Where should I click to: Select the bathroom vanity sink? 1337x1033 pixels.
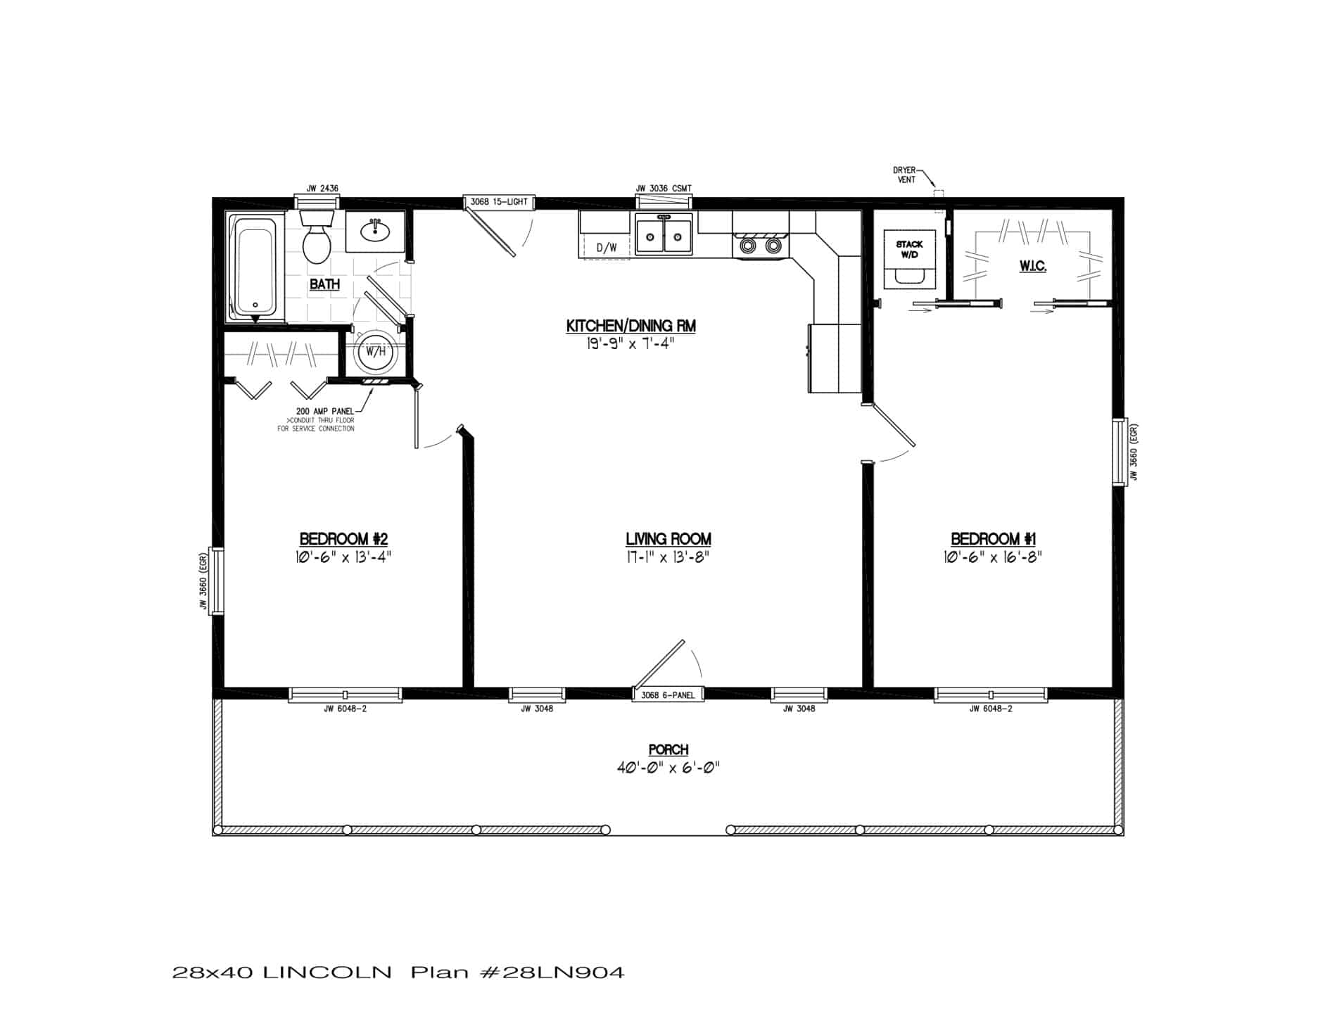tap(375, 231)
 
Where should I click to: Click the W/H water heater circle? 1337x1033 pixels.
tap(375, 351)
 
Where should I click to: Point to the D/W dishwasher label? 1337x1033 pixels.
tap(606, 248)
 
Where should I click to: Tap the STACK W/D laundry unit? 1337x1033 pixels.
tap(909, 259)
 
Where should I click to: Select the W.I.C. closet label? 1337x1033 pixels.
tap(1032, 267)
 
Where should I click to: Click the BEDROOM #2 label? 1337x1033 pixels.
tap(343, 539)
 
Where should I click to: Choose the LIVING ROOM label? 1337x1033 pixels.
tap(668, 539)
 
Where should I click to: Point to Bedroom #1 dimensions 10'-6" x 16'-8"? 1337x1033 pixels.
tap(992, 557)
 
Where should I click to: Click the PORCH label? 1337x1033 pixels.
tap(668, 750)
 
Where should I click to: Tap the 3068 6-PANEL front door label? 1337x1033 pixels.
tap(668, 695)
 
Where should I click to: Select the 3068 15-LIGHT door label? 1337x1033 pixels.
tap(499, 202)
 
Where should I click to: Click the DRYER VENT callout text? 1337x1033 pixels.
tap(905, 175)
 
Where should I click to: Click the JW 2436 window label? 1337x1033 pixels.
tap(322, 189)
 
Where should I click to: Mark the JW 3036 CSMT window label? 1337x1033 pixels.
tap(664, 189)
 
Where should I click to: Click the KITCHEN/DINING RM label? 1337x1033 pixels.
tap(631, 326)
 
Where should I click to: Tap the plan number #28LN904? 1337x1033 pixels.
tap(555, 973)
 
